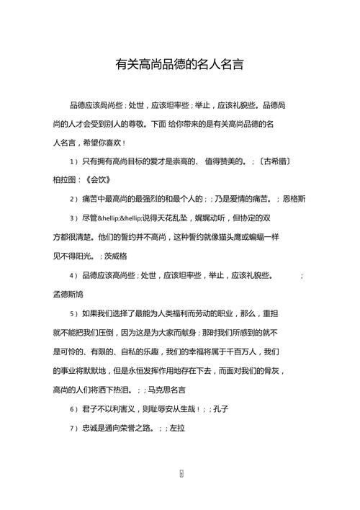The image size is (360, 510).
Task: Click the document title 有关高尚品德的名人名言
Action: coord(179,64)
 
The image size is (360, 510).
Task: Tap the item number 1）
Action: coord(73,161)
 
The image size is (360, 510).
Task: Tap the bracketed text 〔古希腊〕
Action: coord(274,161)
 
